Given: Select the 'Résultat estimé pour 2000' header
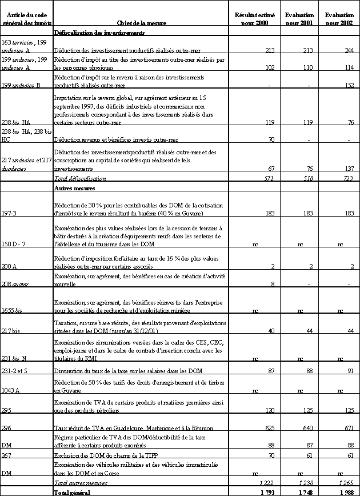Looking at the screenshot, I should [x=253, y=18].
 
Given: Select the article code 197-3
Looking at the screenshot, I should [x=10, y=213].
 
